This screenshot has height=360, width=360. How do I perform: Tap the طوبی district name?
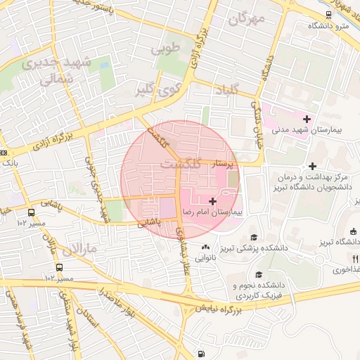[x=167, y=49]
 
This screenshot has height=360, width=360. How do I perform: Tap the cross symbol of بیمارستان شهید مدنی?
[x=307, y=119]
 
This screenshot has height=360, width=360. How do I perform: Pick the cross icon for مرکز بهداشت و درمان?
[x=313, y=165]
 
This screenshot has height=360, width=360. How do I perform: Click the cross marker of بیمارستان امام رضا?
[x=212, y=201]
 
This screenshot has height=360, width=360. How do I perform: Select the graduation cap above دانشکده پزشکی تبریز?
[x=253, y=238]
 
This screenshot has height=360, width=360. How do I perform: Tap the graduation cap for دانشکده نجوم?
[x=258, y=275]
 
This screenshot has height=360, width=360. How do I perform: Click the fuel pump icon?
[x=202, y=354]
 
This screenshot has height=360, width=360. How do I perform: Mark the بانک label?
[x=10, y=163]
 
